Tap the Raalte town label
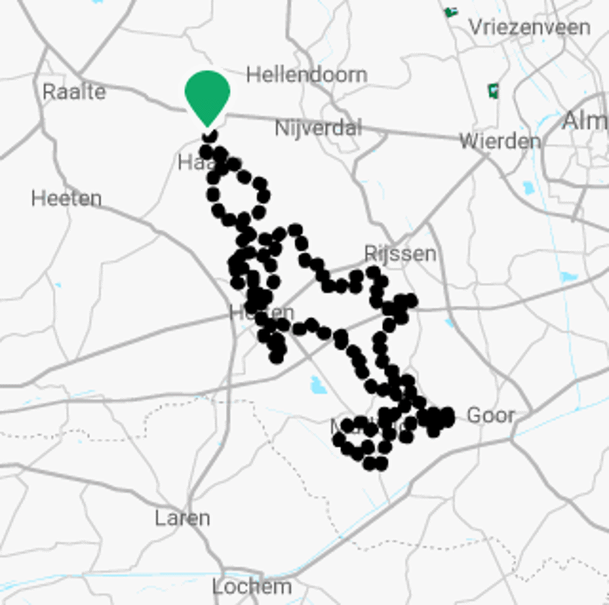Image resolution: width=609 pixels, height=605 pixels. point(74,92)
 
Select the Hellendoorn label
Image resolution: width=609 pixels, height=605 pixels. point(306,75)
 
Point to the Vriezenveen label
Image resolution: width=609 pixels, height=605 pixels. point(529,27)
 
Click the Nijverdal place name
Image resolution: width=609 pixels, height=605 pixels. point(318,128)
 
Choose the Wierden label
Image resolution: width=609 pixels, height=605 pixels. point(500,141)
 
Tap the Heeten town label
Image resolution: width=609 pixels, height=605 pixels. point(66,199)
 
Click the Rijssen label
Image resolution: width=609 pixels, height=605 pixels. point(400,253)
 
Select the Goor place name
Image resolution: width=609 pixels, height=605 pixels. point(490,416)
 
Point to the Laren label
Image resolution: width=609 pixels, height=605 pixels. point(182,518)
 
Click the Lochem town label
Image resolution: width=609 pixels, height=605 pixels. point(251,587)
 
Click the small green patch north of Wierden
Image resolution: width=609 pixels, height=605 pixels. point(493,91)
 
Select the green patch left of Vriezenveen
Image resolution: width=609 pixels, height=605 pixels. point(451,12)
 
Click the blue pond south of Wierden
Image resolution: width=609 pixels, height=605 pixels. point(528,187)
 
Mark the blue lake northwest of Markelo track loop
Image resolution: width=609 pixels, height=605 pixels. point(318,386)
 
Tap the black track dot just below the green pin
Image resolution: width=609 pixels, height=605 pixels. point(209,136)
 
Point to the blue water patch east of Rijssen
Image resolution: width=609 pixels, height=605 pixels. point(568,278)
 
